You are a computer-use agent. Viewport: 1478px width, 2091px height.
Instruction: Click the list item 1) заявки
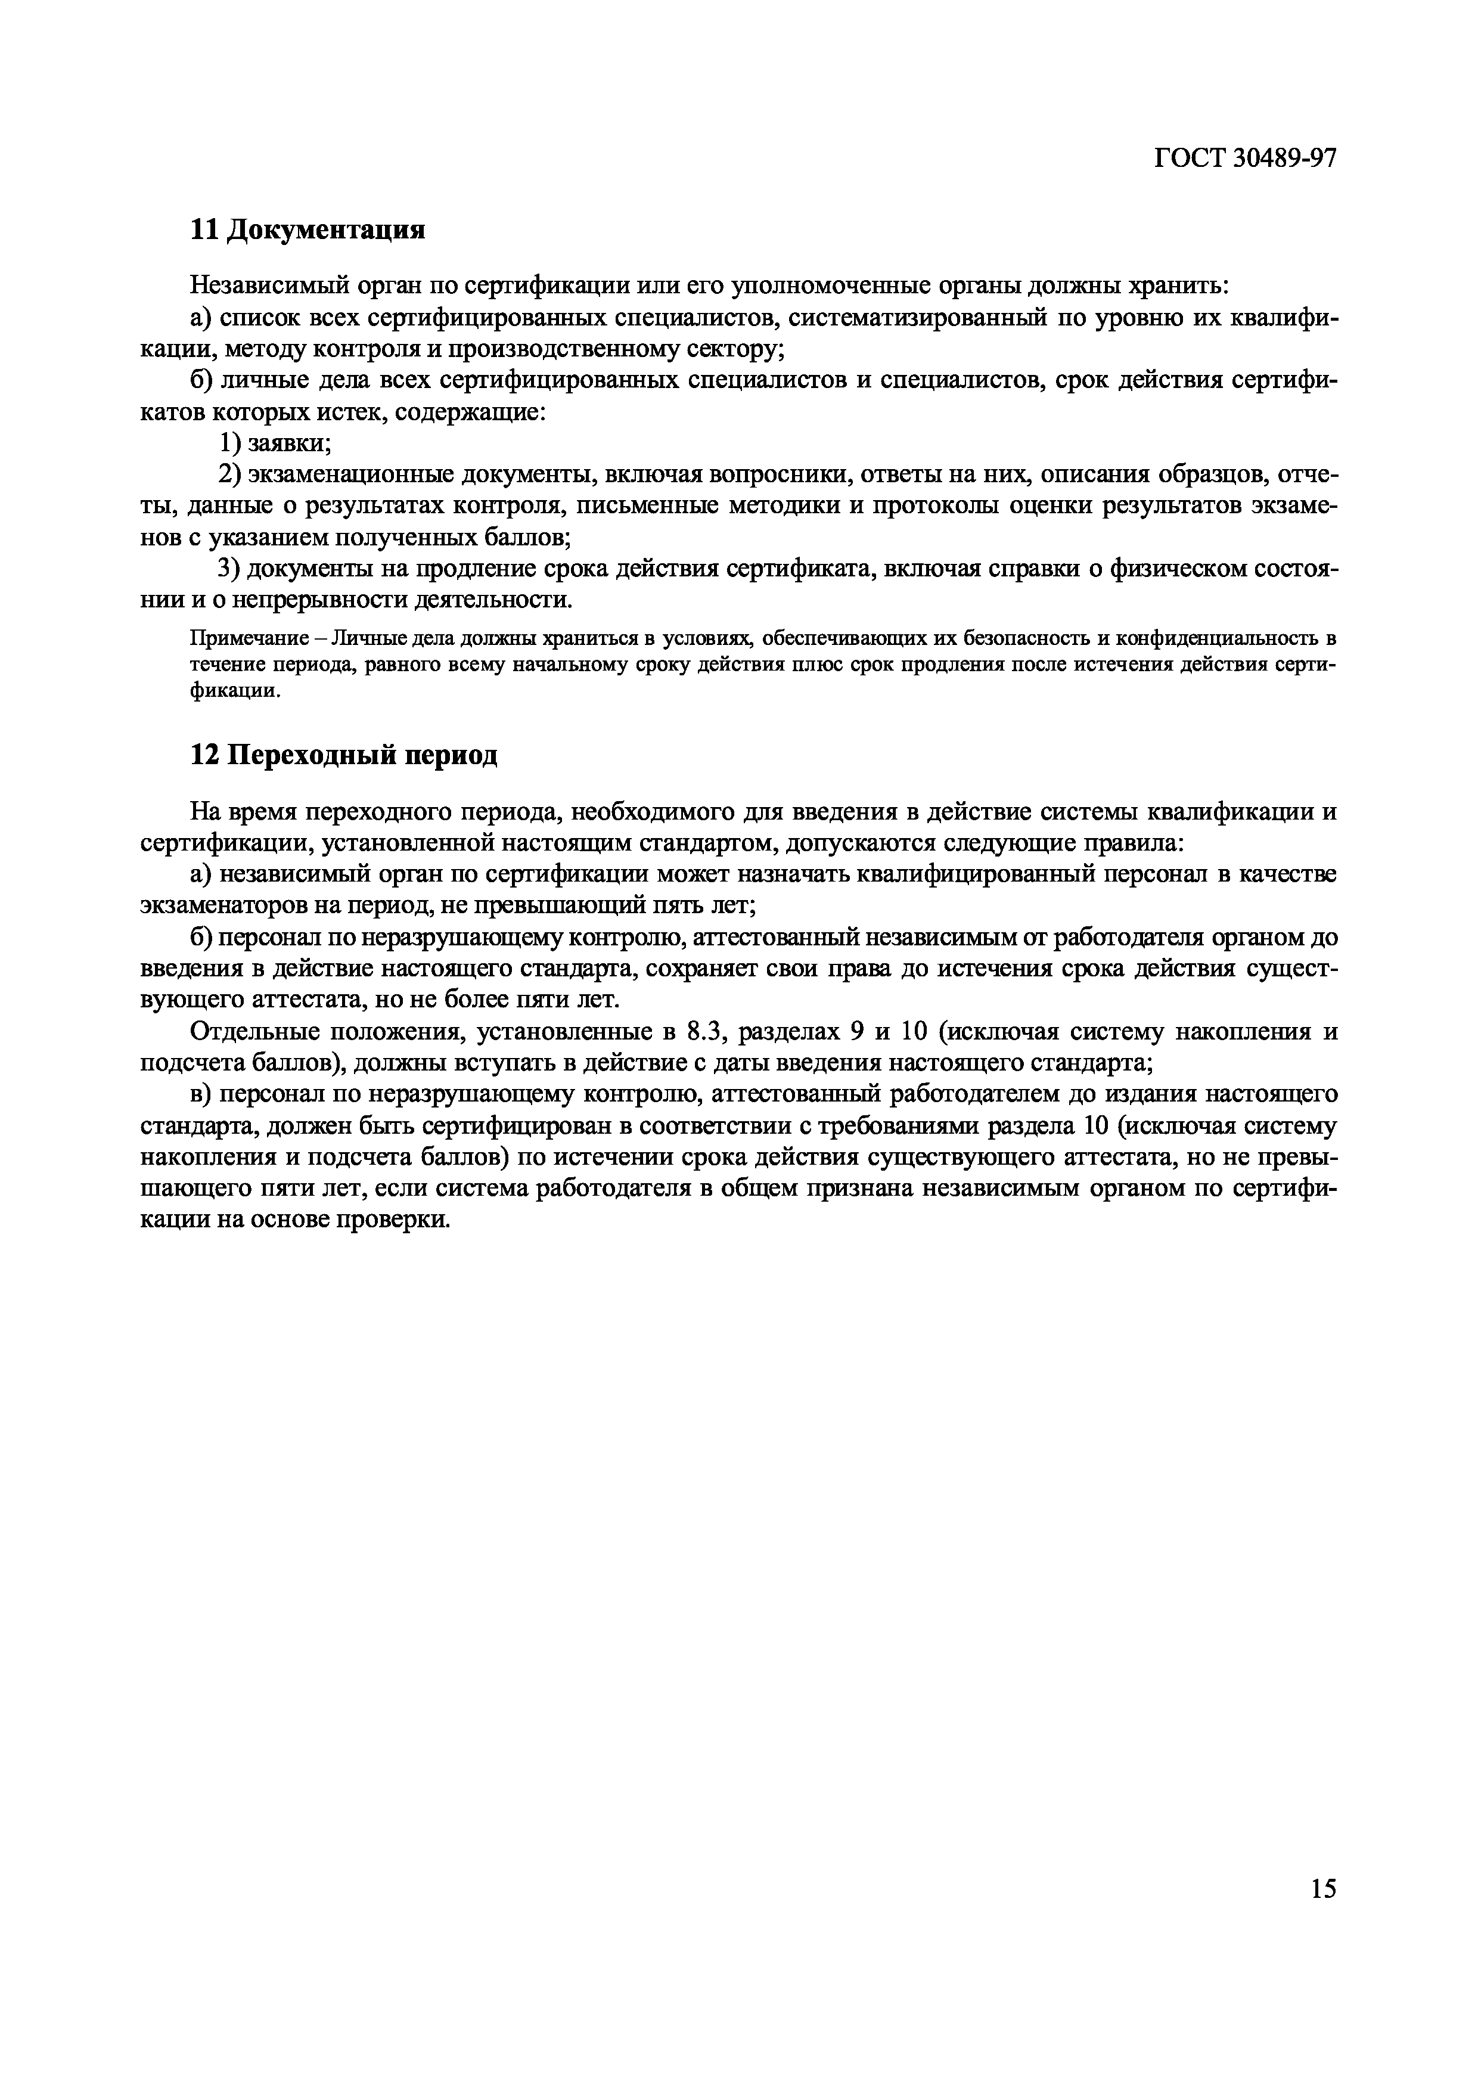[x=274, y=443]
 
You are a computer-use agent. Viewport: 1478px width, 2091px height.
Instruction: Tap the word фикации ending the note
[x=234, y=691]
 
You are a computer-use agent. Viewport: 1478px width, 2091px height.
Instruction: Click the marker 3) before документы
[x=229, y=569]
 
